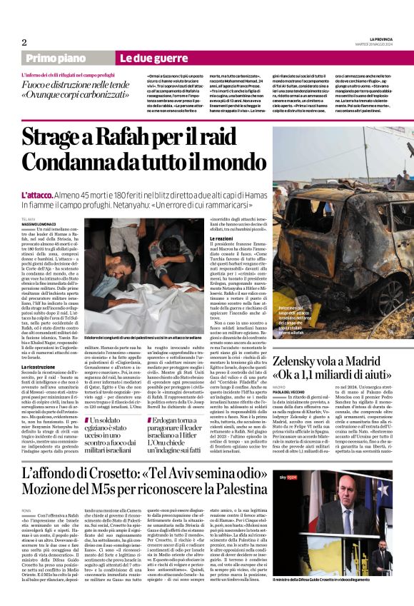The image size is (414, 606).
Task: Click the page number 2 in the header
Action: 24,42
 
